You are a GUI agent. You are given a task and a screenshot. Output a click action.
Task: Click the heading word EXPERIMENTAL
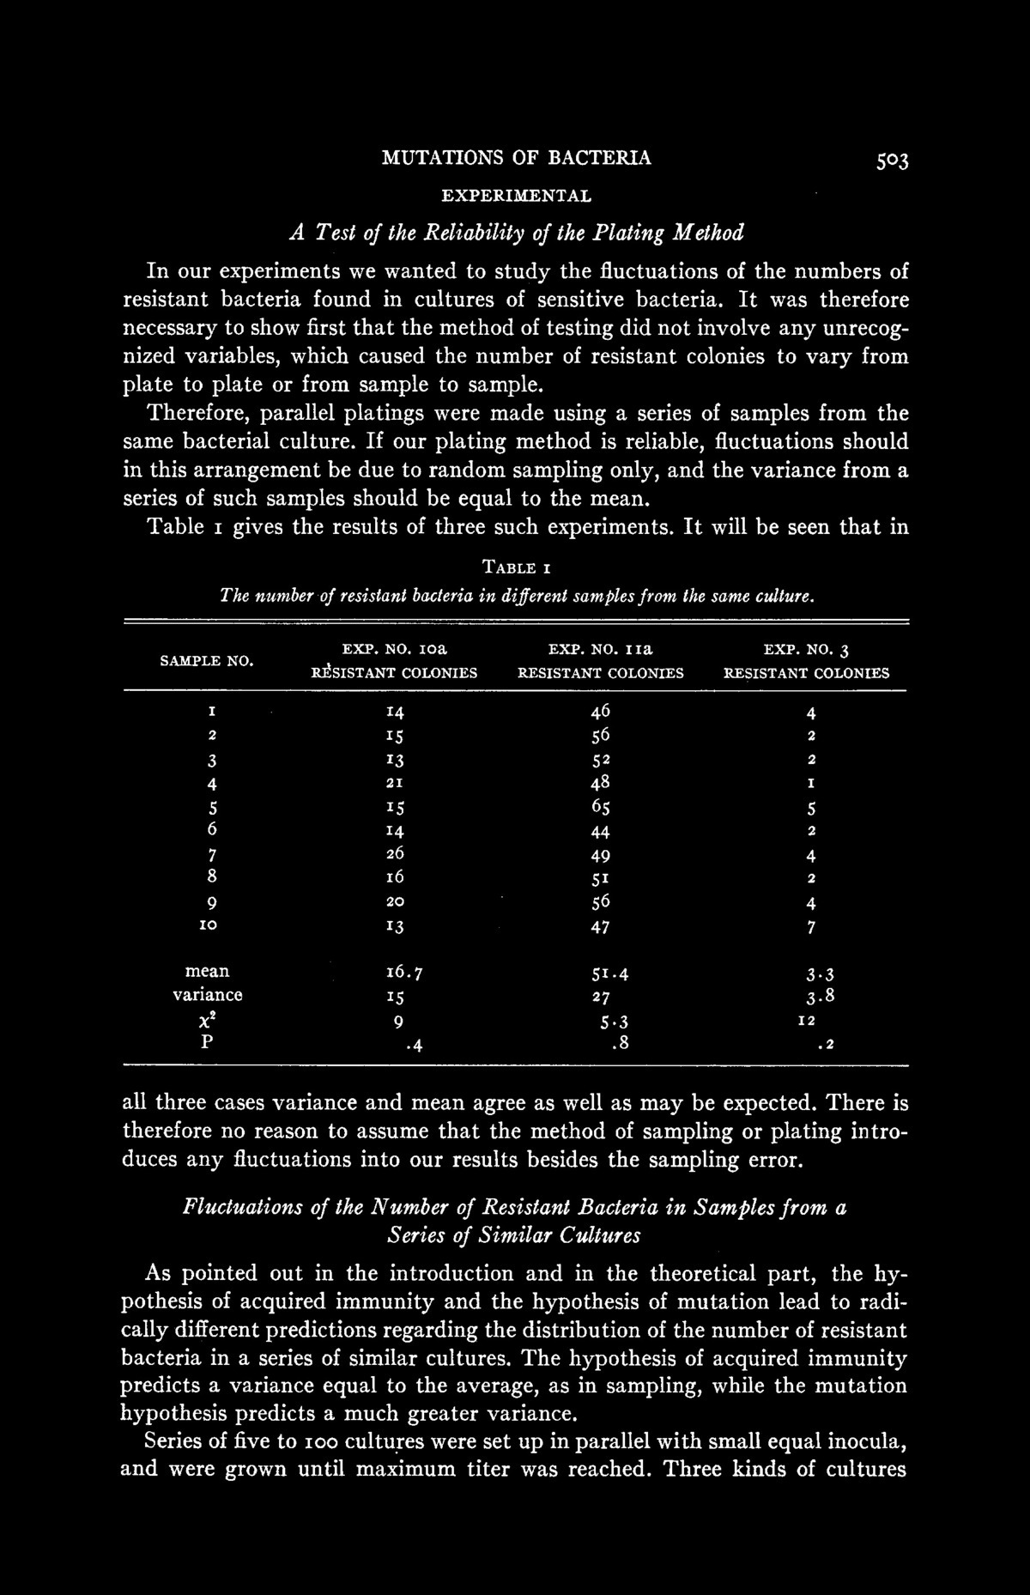pyautogui.click(x=516, y=196)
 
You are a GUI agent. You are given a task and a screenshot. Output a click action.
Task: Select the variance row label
pyautogui.click(x=207, y=996)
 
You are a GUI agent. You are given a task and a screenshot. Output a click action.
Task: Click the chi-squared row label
pyautogui.click(x=207, y=1021)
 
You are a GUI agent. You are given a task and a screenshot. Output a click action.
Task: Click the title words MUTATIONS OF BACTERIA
pyautogui.click(x=516, y=158)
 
